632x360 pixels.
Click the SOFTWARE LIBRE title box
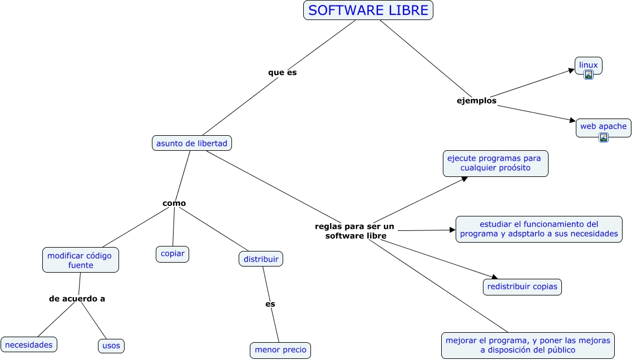(x=368, y=10)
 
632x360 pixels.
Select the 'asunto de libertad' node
(x=191, y=143)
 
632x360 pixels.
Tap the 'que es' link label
(x=282, y=72)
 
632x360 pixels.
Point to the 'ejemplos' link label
(x=476, y=101)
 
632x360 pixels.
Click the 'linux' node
(x=588, y=65)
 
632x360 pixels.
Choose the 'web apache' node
(x=603, y=126)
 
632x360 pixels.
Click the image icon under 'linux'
(x=588, y=75)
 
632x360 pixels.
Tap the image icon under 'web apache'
(x=603, y=137)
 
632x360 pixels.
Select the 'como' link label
(x=174, y=203)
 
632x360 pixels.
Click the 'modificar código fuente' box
(x=80, y=260)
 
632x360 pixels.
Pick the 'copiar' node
(x=172, y=254)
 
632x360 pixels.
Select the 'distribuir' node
(x=261, y=258)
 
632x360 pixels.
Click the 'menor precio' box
(x=280, y=350)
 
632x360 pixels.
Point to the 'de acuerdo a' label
(x=77, y=298)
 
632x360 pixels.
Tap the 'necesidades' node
(x=29, y=344)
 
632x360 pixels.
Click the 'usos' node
(x=111, y=346)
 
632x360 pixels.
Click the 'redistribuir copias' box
(x=522, y=287)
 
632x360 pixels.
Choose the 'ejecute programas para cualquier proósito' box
(x=495, y=163)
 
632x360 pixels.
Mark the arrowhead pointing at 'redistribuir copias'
(x=494, y=277)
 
